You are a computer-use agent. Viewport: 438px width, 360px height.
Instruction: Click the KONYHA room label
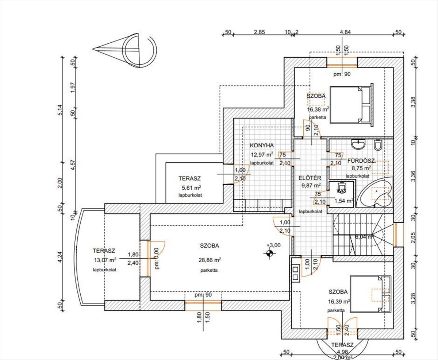tap(262, 145)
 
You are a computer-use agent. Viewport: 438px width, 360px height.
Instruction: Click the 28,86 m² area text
tap(210, 260)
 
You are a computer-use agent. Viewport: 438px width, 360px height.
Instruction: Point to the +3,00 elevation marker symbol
tap(269, 253)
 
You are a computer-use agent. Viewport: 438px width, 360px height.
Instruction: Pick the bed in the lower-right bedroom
tap(371, 294)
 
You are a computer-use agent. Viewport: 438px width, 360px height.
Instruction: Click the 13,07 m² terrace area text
tap(105, 260)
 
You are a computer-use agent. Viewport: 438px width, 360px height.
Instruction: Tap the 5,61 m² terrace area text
tap(192, 188)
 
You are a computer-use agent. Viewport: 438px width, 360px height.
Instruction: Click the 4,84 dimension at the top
tap(345, 32)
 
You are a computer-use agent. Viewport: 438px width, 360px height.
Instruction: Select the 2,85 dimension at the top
tap(259, 32)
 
